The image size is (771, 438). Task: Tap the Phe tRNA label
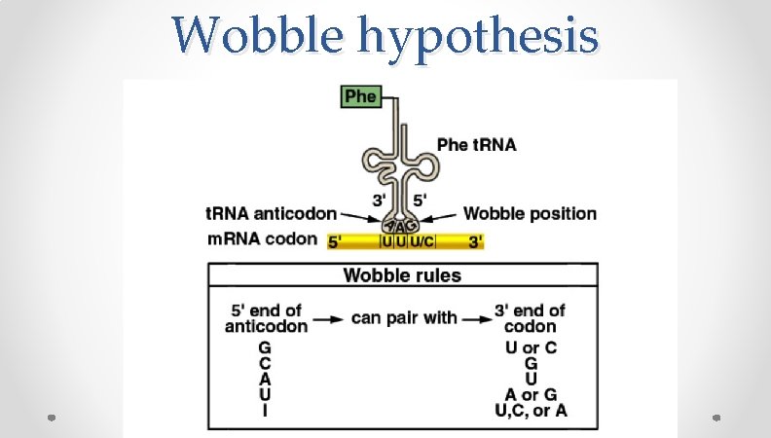point(477,145)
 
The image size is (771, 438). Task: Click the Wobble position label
point(530,213)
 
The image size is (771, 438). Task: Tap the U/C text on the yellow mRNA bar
point(422,240)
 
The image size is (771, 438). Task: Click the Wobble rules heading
point(402,275)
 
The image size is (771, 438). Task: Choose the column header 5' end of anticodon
point(266,318)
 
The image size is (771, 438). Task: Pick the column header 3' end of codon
point(531,318)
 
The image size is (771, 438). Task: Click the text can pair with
point(404,317)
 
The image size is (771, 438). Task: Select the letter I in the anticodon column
point(266,411)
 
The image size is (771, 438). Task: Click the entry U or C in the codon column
point(532,347)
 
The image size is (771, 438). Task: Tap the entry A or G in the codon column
point(532,395)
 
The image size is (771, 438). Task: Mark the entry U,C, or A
point(532,411)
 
